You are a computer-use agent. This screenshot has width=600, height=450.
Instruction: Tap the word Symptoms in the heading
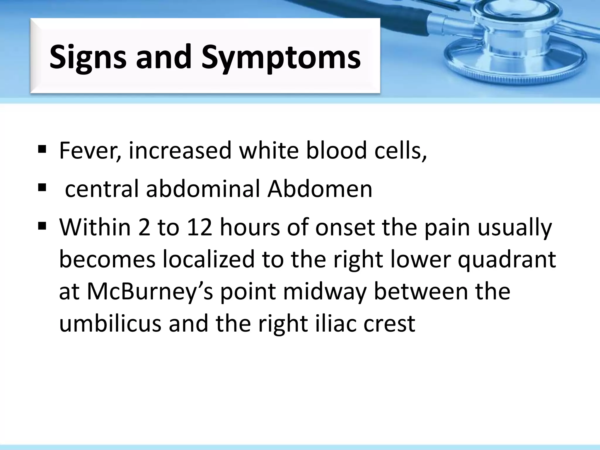tap(281, 57)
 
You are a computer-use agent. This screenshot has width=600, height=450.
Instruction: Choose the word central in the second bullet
tap(101, 189)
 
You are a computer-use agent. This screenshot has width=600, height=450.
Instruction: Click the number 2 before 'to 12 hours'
tap(144, 228)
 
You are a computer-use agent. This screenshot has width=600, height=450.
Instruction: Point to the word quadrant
tap(507, 260)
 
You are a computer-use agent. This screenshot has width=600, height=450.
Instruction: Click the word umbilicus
tap(110, 324)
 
